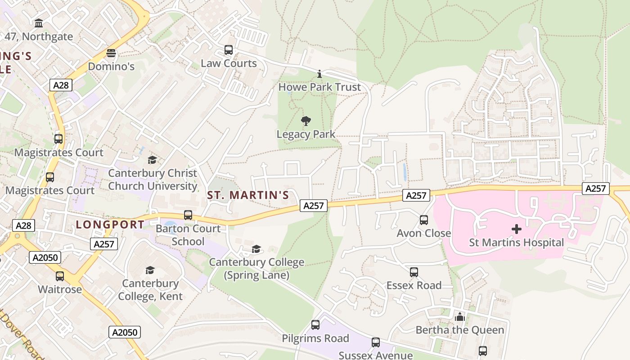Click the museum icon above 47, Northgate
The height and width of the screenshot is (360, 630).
pos(39,23)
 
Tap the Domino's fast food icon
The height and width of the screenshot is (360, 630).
pos(111,53)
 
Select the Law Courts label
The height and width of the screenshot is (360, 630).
pos(229,63)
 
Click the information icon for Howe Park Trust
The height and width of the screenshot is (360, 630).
pos(319,74)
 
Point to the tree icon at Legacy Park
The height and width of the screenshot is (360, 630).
pos(306,121)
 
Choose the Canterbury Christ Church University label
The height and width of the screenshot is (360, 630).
pos(153,180)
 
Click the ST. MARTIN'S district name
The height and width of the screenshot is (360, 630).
pos(247,195)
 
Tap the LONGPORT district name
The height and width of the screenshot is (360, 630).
pos(110,225)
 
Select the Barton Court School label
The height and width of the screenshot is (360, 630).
pos(188,235)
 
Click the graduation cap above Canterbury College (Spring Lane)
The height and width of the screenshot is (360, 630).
pos(256,249)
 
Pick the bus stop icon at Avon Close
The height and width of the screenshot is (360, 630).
pos(424,220)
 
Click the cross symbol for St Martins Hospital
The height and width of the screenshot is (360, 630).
pos(517,229)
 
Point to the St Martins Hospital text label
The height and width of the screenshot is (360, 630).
pos(516,243)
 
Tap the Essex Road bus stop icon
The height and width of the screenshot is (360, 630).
pos(414,272)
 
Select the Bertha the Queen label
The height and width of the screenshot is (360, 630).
pos(459,330)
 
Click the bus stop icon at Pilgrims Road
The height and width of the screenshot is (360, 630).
pos(315,325)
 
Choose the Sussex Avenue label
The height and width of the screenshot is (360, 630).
pos(375,355)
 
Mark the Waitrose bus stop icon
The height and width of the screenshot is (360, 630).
pos(60,276)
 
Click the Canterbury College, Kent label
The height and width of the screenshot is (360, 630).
pos(150,290)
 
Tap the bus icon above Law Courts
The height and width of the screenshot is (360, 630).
pos(229,50)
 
